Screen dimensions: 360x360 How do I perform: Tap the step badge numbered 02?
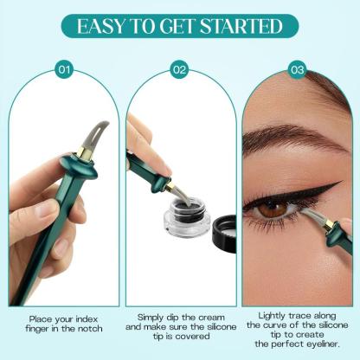click(x=179, y=67)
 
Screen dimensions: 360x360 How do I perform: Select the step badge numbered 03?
click(x=297, y=67)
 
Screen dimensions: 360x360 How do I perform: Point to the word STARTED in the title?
click(x=240, y=25)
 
